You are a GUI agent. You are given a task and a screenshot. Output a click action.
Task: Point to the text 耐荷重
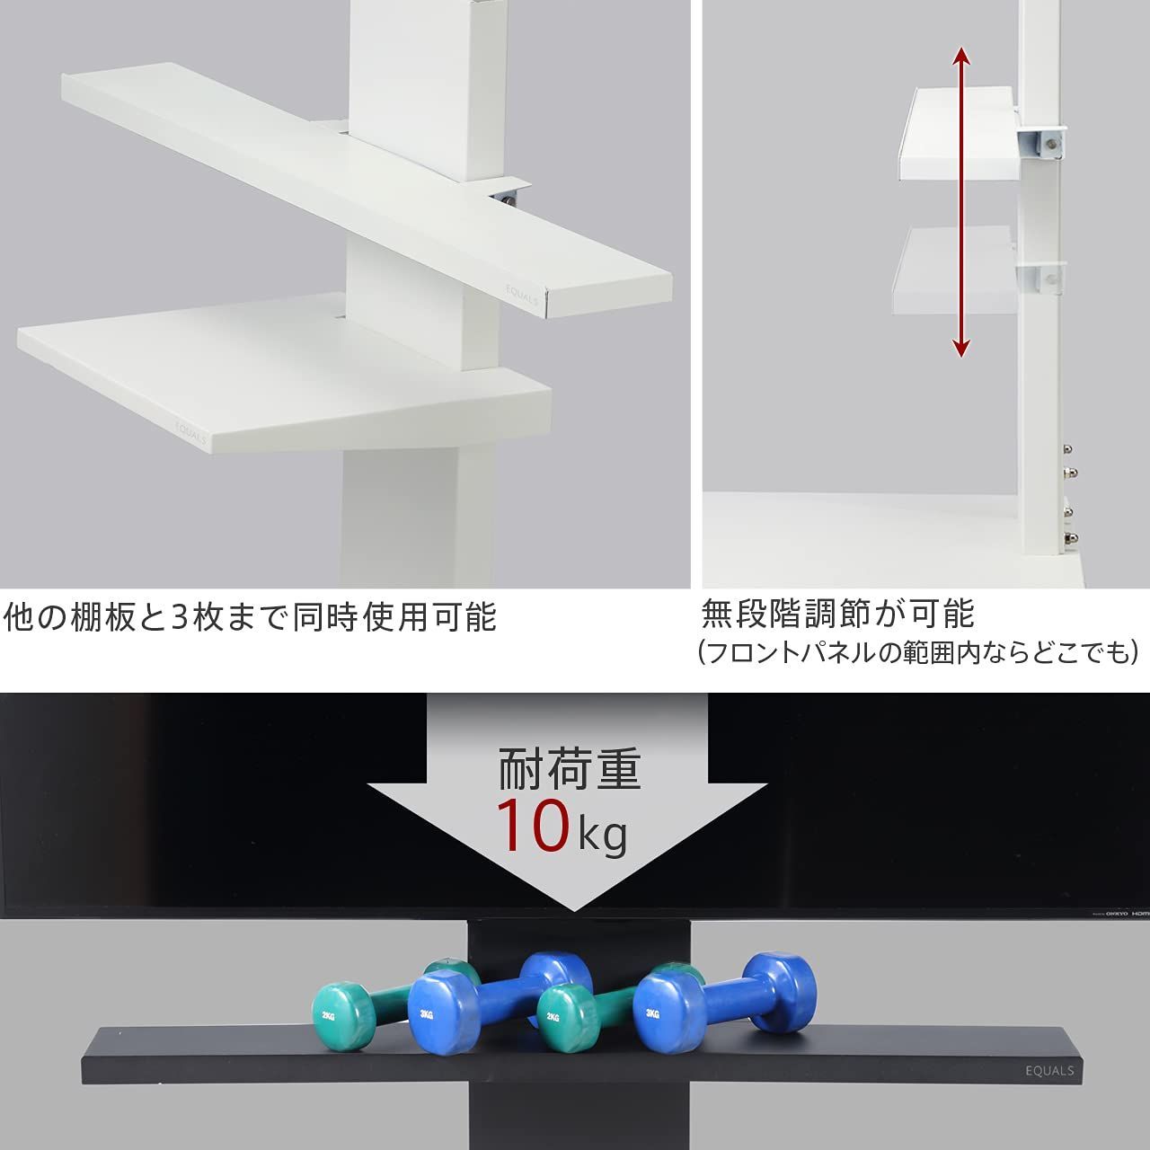pos(570,770)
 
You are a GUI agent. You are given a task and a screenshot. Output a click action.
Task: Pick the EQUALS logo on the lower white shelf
pos(190,432)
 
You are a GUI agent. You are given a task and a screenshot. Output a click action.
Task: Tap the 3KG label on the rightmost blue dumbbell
pos(652,1013)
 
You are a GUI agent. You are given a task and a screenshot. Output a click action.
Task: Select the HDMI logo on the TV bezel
pos(1140,911)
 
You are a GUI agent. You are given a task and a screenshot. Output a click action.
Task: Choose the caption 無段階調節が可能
pos(837,615)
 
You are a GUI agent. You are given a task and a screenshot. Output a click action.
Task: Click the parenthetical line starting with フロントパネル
pos(917,651)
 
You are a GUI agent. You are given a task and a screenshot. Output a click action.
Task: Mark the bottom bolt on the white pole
pos(1070,537)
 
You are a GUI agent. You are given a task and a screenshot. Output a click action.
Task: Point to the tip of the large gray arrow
pos(568,909)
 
